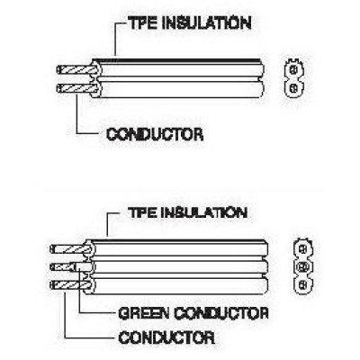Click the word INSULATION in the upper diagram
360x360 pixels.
[207, 23]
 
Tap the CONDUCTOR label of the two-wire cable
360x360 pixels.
[155, 134]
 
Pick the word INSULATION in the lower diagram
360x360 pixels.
[204, 212]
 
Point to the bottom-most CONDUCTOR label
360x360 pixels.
[166, 337]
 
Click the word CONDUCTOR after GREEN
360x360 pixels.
[221, 313]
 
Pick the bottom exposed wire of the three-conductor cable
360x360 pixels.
[70, 284]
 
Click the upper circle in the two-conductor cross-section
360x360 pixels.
[294, 70]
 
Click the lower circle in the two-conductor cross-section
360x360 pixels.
[294, 88]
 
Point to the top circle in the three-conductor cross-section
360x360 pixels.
[303, 248]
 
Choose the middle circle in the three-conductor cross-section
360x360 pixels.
[303, 265]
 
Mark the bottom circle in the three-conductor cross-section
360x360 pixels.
[303, 283]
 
